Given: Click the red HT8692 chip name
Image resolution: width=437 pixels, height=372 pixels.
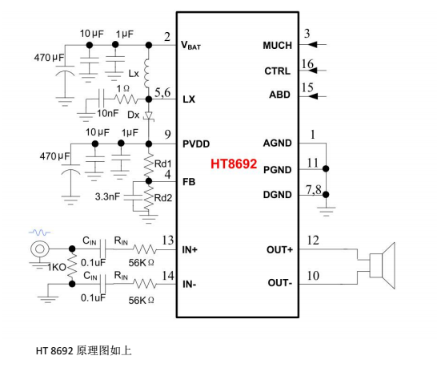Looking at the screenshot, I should (234, 164).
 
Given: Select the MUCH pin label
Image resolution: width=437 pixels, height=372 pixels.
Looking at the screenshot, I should (277, 46).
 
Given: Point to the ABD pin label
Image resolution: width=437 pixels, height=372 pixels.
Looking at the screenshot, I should (280, 95).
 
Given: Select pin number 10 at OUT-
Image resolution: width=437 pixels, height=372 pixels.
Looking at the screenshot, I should (313, 276).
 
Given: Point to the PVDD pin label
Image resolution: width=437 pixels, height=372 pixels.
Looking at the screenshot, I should (196, 144).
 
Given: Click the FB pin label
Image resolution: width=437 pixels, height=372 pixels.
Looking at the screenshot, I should (189, 182).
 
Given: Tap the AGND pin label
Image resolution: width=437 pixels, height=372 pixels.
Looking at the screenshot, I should (277, 144).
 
